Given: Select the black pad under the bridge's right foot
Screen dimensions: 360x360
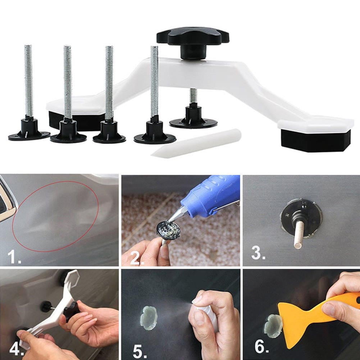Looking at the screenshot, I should [316, 140].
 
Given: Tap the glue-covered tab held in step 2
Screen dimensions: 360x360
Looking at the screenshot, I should [168, 229].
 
